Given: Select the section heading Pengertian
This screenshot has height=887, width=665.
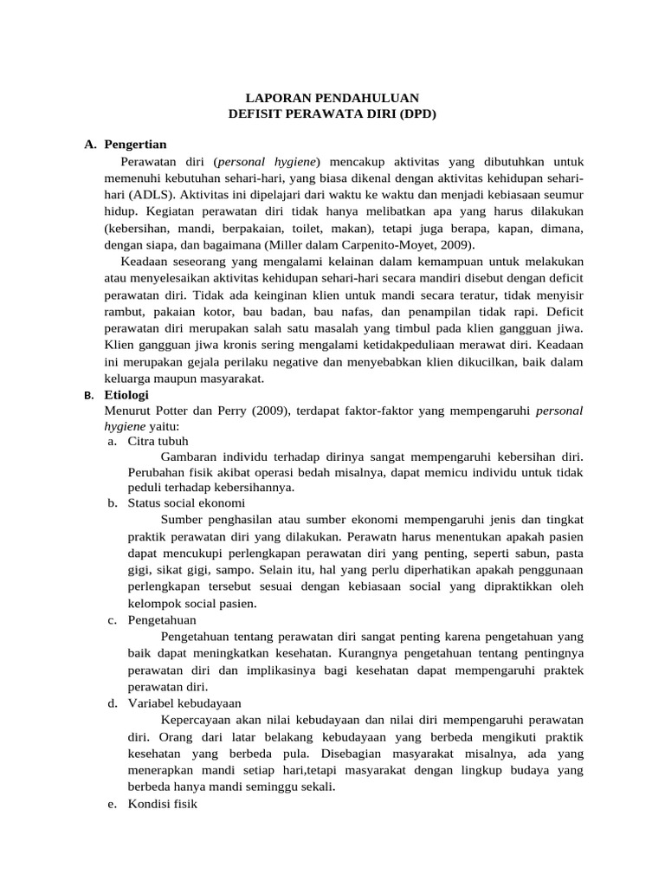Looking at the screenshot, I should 135,144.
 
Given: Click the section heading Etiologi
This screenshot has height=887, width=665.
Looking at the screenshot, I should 127,395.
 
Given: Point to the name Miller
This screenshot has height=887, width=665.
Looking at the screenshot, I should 283,245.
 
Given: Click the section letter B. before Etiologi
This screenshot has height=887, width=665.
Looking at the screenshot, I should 88,396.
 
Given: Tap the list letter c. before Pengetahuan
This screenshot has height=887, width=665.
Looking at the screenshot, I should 113,619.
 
